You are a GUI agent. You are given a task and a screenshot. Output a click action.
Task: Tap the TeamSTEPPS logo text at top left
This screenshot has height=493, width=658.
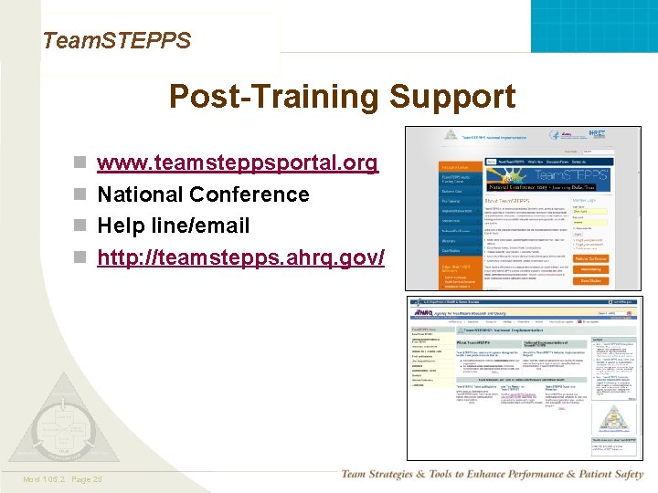point(117,40)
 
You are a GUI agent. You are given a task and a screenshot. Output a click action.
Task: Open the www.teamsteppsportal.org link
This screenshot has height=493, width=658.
point(238,163)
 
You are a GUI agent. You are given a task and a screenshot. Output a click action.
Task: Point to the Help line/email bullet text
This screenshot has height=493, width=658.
point(174,226)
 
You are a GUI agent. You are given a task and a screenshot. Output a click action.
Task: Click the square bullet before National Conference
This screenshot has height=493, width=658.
point(80,195)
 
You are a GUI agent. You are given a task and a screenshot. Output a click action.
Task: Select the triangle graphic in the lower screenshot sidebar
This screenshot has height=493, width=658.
point(611,419)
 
